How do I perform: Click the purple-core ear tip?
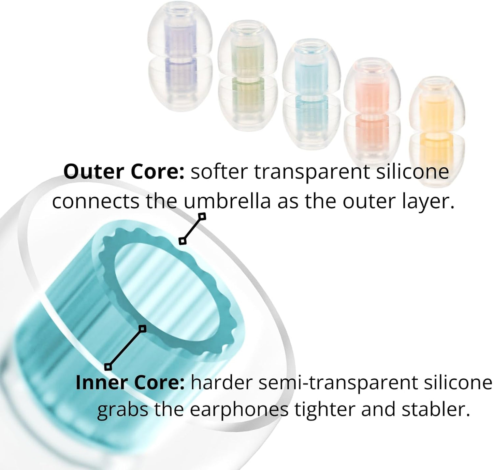180,60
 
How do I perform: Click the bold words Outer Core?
124,172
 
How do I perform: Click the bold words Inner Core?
130,383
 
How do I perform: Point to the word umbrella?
227,202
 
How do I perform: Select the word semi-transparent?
338,383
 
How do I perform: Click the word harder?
222,383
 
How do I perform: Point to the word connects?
96,202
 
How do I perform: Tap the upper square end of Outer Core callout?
202,216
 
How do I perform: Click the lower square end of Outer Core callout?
183,241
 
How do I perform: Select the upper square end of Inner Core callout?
143,328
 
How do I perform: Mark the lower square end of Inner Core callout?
108,367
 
